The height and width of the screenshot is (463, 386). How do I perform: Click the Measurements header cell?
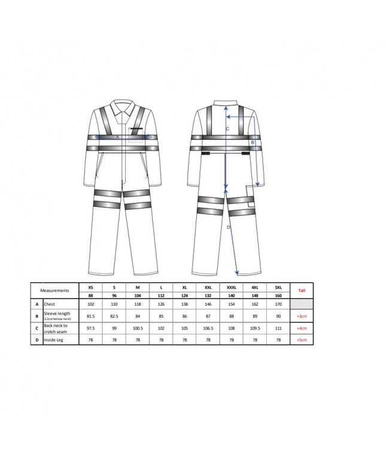click(54, 290)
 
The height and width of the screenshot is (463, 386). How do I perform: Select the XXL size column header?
click(208, 287)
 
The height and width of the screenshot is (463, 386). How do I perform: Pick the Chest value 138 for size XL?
click(185, 303)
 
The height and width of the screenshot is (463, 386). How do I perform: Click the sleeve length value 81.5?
click(91, 315)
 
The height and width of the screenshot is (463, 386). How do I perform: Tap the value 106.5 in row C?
click(208, 328)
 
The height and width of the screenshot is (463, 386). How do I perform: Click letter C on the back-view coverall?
click(227, 129)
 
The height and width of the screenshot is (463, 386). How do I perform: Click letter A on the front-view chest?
click(118, 137)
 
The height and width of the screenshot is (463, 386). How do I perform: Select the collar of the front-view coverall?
click(124, 108)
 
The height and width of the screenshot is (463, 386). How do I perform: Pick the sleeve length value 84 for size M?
click(138, 315)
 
